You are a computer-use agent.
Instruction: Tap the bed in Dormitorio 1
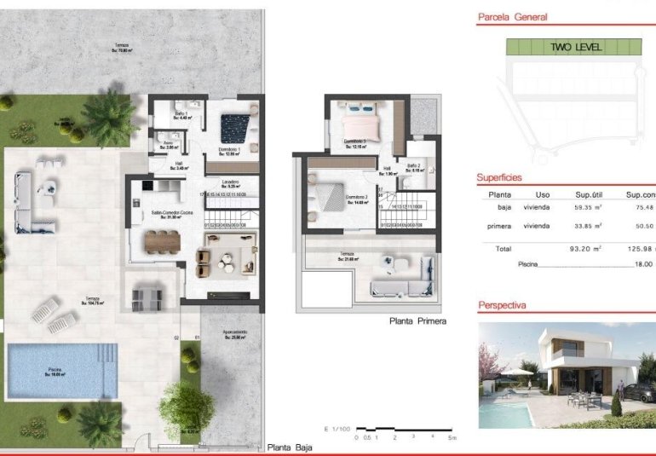233,129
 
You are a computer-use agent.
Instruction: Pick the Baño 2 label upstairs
414,167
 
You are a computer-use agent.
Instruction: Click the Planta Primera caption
417,321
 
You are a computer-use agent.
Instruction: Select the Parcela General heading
513,16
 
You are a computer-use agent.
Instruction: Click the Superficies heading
500,177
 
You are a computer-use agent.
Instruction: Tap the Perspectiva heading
503,304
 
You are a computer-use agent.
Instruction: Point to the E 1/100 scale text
337,429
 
